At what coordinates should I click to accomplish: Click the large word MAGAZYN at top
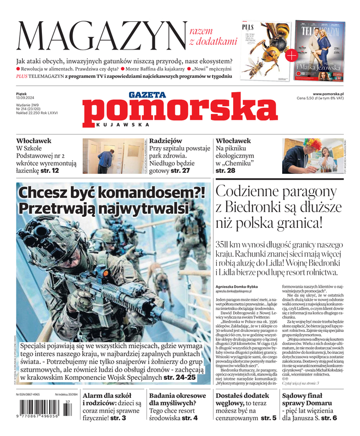click(x=102, y=36)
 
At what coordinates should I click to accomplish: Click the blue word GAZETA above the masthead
click(x=148, y=94)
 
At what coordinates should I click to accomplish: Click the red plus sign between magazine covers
click(x=292, y=54)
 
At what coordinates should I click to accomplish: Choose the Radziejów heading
click(x=166, y=141)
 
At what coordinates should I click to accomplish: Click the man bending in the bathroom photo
click(x=106, y=159)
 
